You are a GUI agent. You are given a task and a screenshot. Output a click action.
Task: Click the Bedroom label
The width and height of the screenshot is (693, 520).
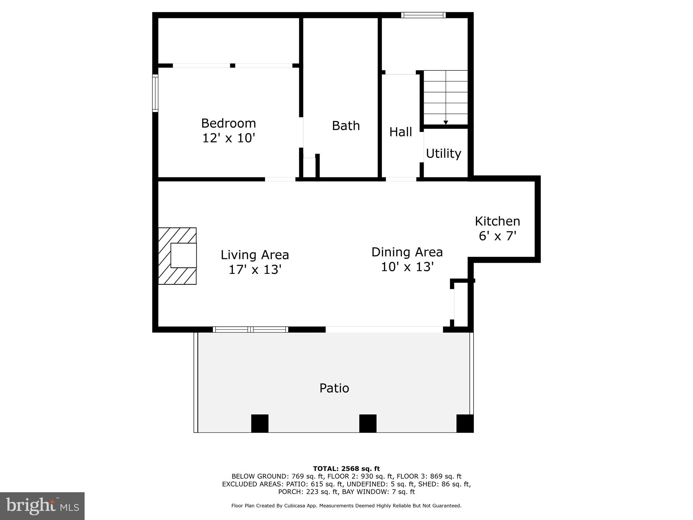coord(228,123)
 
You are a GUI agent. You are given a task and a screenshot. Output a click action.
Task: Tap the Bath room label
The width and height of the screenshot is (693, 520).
coord(345,126)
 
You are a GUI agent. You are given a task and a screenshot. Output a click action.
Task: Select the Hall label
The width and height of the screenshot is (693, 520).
coord(400,132)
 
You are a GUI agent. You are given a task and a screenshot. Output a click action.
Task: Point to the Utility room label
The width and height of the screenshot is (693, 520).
coord(443,154)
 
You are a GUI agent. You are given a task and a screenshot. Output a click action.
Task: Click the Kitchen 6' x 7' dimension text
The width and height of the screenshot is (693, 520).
coord(497,236)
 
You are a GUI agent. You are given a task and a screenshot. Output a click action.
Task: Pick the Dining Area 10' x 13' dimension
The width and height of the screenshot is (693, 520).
coord(407,267)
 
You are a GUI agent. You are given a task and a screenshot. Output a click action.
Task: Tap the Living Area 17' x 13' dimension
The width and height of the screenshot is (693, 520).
coord(255,270)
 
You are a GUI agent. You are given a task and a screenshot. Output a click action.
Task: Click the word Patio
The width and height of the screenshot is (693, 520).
coord(334,388)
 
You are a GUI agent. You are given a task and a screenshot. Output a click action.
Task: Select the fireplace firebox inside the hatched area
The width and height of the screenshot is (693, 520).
coord(183,255)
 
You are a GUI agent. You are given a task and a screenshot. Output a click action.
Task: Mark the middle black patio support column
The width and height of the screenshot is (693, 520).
coord(367,423)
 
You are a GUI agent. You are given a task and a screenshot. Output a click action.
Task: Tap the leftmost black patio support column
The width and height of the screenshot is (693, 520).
coord(260,423)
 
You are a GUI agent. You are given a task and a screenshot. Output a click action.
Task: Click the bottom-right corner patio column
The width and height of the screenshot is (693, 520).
coord(465,423)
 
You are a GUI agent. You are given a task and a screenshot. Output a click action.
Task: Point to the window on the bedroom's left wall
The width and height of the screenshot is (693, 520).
coord(155,93)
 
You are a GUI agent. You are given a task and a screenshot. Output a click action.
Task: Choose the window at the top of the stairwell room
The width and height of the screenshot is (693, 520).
coord(423,15)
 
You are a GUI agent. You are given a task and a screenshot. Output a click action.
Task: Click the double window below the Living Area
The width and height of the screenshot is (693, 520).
coord(250,329)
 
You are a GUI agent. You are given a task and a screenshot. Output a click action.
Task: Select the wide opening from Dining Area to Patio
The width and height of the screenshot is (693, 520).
coord(384,329)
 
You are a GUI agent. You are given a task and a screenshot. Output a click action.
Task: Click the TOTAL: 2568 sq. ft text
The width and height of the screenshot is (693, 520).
coord(346,469)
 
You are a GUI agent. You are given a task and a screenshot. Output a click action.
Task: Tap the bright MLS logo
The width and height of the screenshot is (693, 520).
coord(42,506)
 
